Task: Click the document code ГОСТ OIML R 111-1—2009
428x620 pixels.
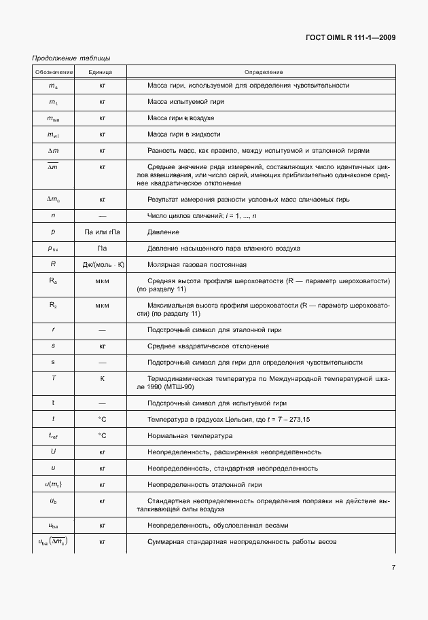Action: (x=351, y=37)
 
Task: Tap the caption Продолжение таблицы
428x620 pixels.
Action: (x=71, y=59)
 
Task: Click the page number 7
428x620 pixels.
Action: (x=393, y=568)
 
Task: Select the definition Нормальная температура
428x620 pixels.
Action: (x=190, y=435)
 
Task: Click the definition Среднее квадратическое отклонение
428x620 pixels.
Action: (x=201, y=346)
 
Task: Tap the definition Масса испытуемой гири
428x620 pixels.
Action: (x=185, y=101)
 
